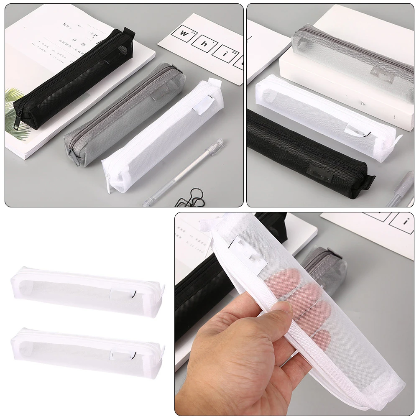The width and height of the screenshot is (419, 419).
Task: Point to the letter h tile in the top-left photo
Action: pos(204,43)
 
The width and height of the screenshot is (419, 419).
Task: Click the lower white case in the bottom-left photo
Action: pos(87,351)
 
